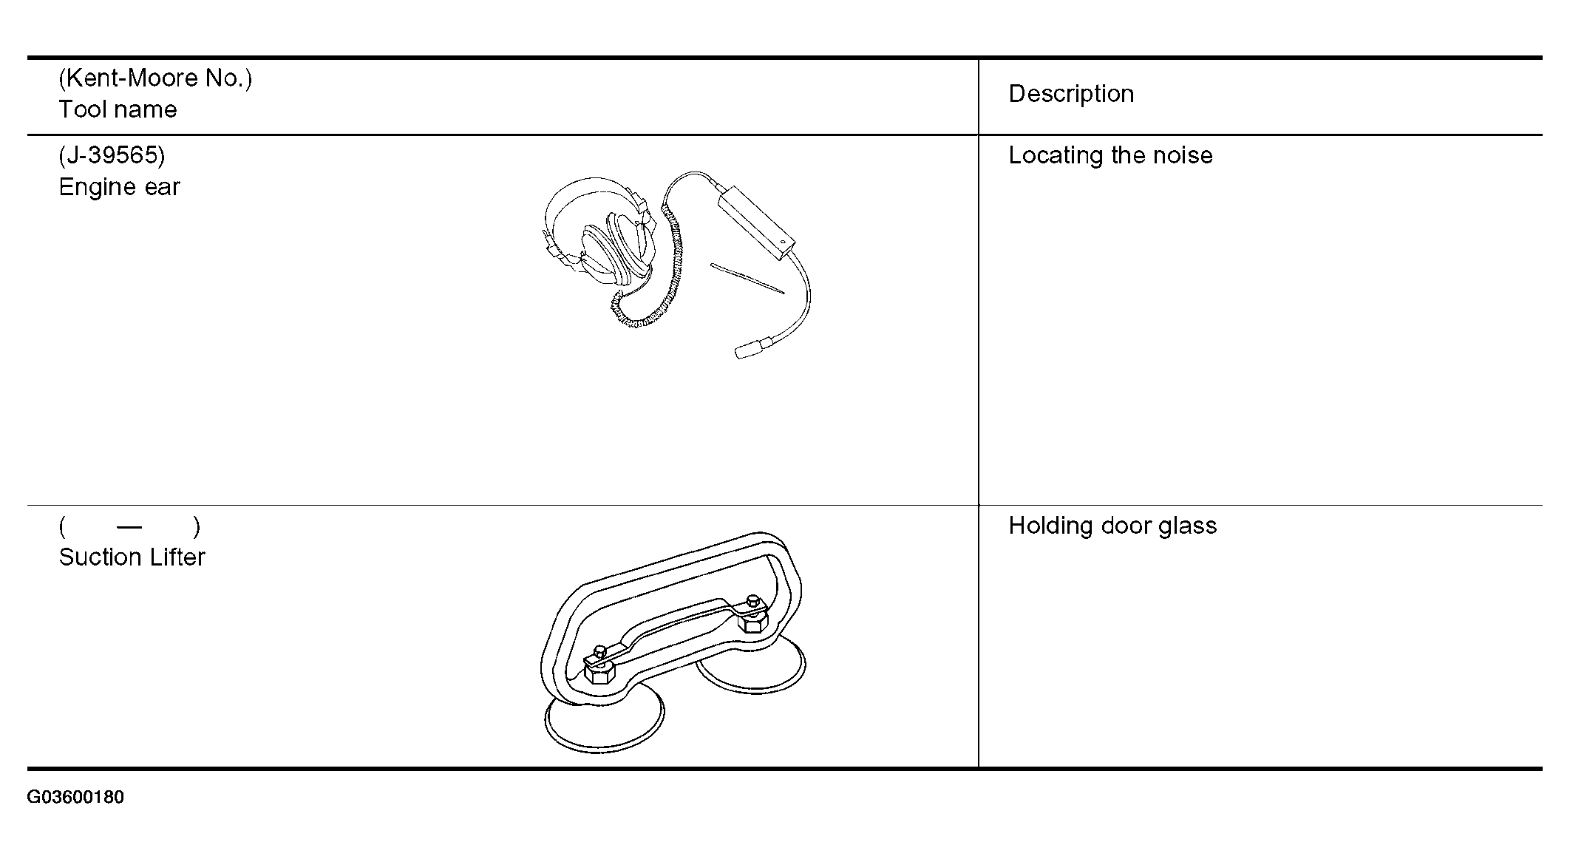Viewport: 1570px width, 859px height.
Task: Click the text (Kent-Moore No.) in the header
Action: (x=155, y=78)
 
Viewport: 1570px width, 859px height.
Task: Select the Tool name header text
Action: (x=118, y=109)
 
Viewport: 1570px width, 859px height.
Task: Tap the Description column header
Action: (x=1071, y=94)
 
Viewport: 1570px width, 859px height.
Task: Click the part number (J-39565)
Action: (x=112, y=155)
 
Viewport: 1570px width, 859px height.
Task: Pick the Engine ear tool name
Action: (x=119, y=187)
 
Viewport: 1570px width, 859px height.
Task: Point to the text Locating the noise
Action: (x=1110, y=155)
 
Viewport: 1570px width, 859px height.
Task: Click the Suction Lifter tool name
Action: (x=132, y=557)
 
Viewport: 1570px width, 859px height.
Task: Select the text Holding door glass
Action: (x=1112, y=526)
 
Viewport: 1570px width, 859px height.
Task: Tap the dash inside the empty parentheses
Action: (x=129, y=527)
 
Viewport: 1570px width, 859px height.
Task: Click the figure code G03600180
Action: (x=75, y=797)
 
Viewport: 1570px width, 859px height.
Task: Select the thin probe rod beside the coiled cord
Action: (x=747, y=278)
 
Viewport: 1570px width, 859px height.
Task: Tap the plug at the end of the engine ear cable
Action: (x=752, y=347)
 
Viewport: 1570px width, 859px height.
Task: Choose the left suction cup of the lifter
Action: (x=604, y=721)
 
